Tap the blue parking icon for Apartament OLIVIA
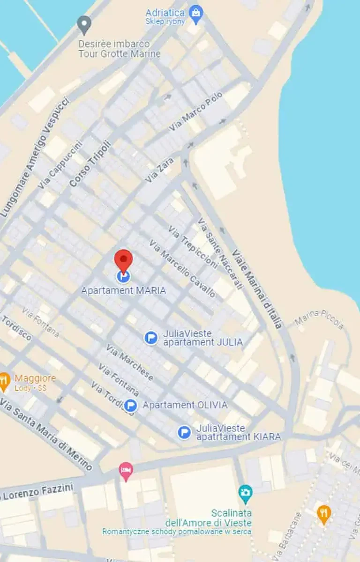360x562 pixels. tap(131, 405)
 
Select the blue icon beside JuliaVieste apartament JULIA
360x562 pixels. tap(151, 338)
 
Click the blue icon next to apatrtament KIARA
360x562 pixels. tap(185, 432)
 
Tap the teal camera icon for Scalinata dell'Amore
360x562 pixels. tap(245, 492)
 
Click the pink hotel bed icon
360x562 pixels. tap(126, 470)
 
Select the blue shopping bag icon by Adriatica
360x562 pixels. tap(196, 13)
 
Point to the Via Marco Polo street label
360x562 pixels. tap(196, 112)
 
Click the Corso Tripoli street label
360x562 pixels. tap(90, 164)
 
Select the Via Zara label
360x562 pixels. tap(159, 170)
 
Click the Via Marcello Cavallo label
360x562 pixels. tap(182, 268)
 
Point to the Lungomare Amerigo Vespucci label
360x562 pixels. tap(35, 157)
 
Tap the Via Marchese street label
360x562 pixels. tap(129, 362)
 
